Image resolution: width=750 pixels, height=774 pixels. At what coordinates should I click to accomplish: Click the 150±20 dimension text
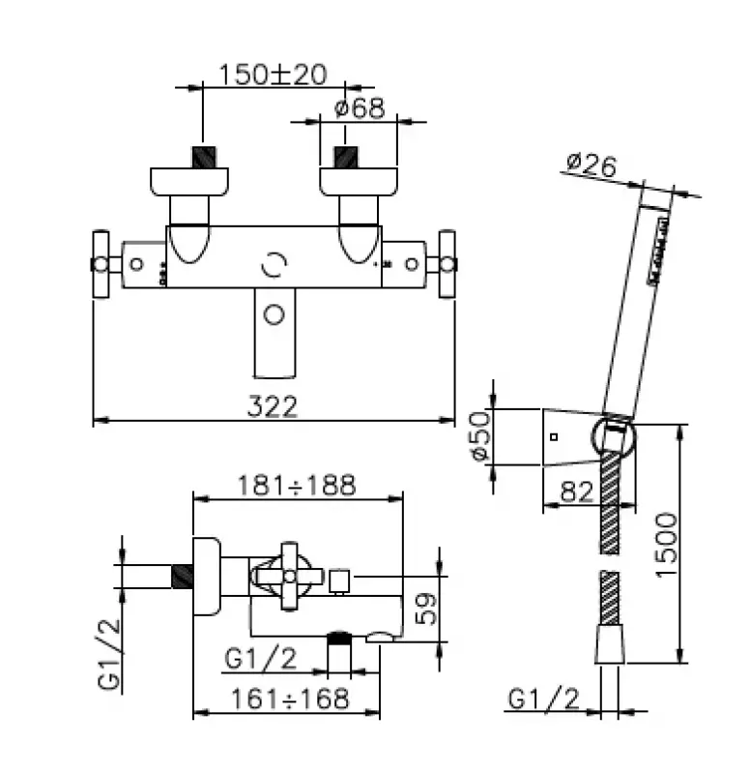pos(274,74)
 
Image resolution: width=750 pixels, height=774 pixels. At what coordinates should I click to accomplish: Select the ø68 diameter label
pos(360,107)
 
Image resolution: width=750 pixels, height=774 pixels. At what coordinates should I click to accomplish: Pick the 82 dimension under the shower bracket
pos(576,491)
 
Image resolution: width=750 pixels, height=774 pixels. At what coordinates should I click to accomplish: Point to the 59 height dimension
pos(426,607)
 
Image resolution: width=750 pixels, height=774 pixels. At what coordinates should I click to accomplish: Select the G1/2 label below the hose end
pos(543,699)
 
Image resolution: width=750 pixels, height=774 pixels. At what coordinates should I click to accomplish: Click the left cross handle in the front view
pos(101,263)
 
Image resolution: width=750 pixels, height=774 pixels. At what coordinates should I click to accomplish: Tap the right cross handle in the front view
pos(447,263)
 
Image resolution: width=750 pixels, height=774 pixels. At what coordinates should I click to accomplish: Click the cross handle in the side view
pos(288,576)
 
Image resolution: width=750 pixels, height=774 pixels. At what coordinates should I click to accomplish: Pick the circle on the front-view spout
pos(274,314)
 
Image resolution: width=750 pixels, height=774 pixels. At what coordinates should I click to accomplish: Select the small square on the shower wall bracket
pos(554,437)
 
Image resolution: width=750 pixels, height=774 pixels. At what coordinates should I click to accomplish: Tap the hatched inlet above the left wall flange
pos(204,157)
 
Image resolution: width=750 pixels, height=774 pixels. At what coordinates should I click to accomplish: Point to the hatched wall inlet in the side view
pos(182,577)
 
